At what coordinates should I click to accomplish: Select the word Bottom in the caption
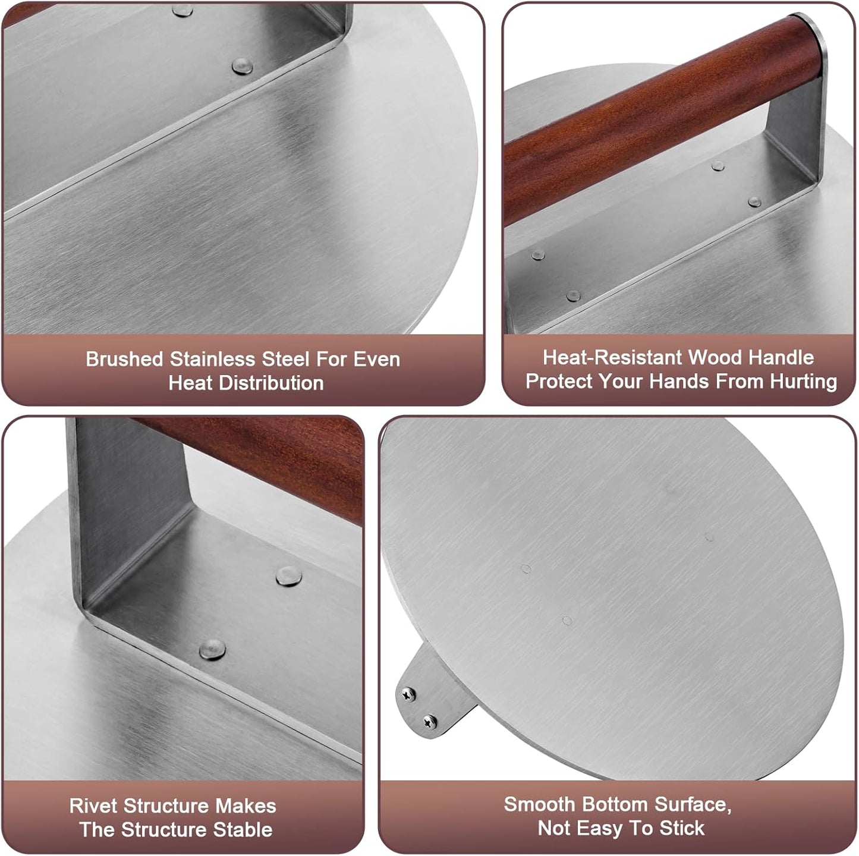coord(615,804)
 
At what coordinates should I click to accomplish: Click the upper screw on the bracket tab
coord(408,693)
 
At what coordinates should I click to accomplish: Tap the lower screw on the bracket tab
coord(430,722)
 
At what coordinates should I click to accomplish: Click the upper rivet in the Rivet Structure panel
coord(289,576)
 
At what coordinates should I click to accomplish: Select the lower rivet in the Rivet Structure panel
coord(212,649)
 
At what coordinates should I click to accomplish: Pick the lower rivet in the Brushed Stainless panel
coord(242,67)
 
